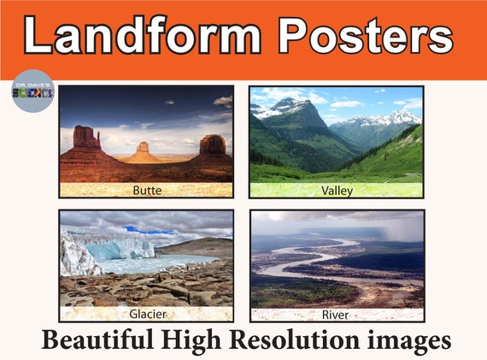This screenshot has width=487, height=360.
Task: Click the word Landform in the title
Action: pyautogui.click(x=141, y=37)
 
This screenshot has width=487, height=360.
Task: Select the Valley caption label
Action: pyautogui.click(x=337, y=190)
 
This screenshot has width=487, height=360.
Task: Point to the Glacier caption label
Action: pyautogui.click(x=146, y=313)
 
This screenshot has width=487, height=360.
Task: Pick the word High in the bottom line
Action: pyautogui.click(x=205, y=339)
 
